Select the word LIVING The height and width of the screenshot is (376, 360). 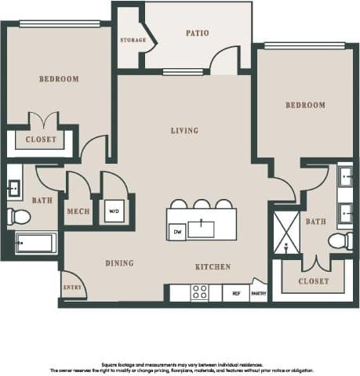click(x=184, y=130)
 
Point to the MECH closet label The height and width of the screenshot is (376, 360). click(x=78, y=211)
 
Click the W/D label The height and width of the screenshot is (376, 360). click(x=114, y=211)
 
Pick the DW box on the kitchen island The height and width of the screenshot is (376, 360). click(x=176, y=232)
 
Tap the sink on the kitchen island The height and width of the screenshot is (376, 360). click(x=202, y=230)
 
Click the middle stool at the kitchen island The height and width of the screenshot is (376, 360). click(x=202, y=204)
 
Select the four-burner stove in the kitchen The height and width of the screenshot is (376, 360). click(x=199, y=292)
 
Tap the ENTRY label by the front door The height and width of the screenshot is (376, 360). click(x=71, y=287)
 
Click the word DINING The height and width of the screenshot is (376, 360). click(x=119, y=263)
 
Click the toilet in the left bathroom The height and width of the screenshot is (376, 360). click(x=18, y=216)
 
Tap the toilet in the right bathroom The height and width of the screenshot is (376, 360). click(x=340, y=240)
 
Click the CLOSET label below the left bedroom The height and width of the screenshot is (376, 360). click(x=41, y=139)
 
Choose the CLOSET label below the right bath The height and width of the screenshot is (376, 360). click(x=314, y=280)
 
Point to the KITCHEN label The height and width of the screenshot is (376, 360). click(x=213, y=267)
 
